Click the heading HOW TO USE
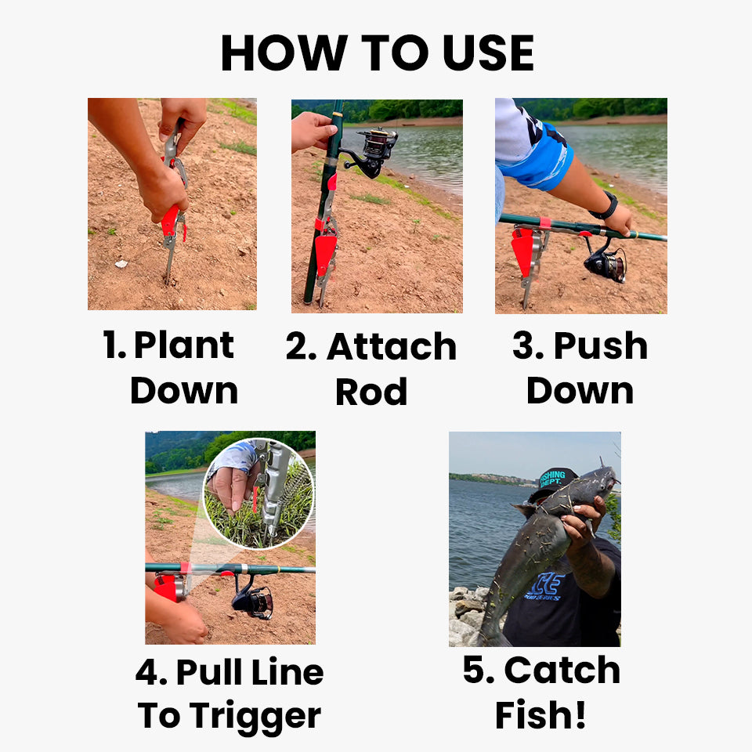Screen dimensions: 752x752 click(x=377, y=53)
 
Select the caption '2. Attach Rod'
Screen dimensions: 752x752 click(x=371, y=369)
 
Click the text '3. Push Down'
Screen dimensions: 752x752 click(x=580, y=368)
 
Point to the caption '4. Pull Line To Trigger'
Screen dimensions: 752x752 click(x=230, y=694)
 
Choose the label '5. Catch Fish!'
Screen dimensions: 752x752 click(x=541, y=692)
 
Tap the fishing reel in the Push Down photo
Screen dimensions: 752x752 click(x=606, y=262)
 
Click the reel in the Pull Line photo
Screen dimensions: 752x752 click(x=252, y=599)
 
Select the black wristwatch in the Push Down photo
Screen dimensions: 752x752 click(x=604, y=207)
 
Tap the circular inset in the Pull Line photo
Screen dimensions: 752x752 click(x=258, y=493)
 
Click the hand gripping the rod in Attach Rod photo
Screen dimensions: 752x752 click(x=312, y=131)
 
